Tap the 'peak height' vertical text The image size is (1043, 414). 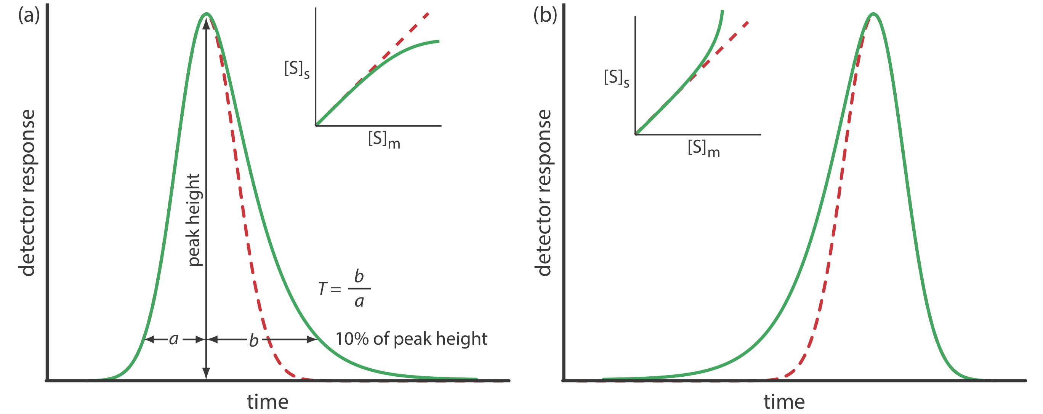194,220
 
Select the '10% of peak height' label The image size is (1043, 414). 411,339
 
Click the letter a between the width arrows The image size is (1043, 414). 174,339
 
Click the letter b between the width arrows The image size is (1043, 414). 253,340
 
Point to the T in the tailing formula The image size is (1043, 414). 323,289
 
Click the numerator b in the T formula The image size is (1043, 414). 359,276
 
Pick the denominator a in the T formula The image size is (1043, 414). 359,301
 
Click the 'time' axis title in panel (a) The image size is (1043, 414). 268,401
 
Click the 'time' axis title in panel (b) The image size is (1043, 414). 784,401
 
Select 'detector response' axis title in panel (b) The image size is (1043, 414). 543,193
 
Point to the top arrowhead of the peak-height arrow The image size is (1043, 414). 206,23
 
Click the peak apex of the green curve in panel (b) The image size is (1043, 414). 874,14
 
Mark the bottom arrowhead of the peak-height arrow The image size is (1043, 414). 206,373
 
